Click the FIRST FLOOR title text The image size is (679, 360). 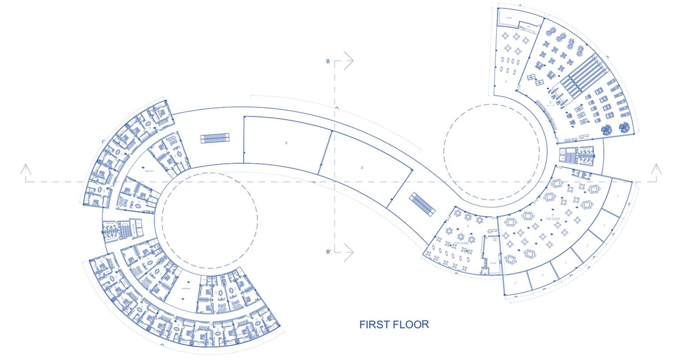point(394,324)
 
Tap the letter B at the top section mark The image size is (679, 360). point(328,61)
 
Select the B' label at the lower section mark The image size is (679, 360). point(328,252)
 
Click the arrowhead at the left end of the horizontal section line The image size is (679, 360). point(26,169)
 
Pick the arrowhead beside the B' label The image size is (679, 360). point(348,252)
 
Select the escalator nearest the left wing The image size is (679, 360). point(215,138)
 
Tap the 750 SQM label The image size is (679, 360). point(552,219)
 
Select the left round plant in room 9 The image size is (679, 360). point(607,130)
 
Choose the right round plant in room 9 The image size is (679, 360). point(625,127)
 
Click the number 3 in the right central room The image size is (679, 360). point(362,168)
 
